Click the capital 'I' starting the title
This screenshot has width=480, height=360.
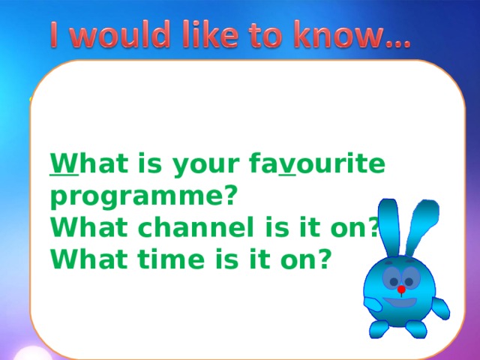57,34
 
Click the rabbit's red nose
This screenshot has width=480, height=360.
402,289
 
